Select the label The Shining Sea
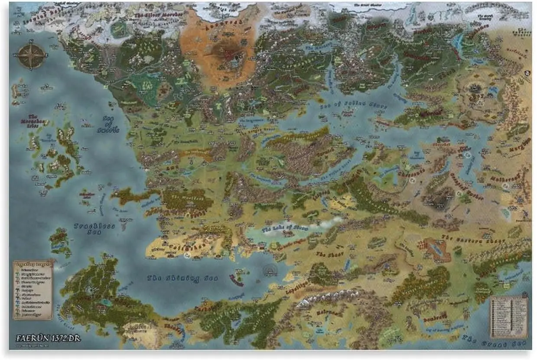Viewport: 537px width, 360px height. tap(182, 278)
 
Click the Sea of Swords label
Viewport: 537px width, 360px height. tap(111, 126)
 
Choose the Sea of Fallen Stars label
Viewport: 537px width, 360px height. tap(354, 105)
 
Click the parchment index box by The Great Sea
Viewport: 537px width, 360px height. tap(509, 317)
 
